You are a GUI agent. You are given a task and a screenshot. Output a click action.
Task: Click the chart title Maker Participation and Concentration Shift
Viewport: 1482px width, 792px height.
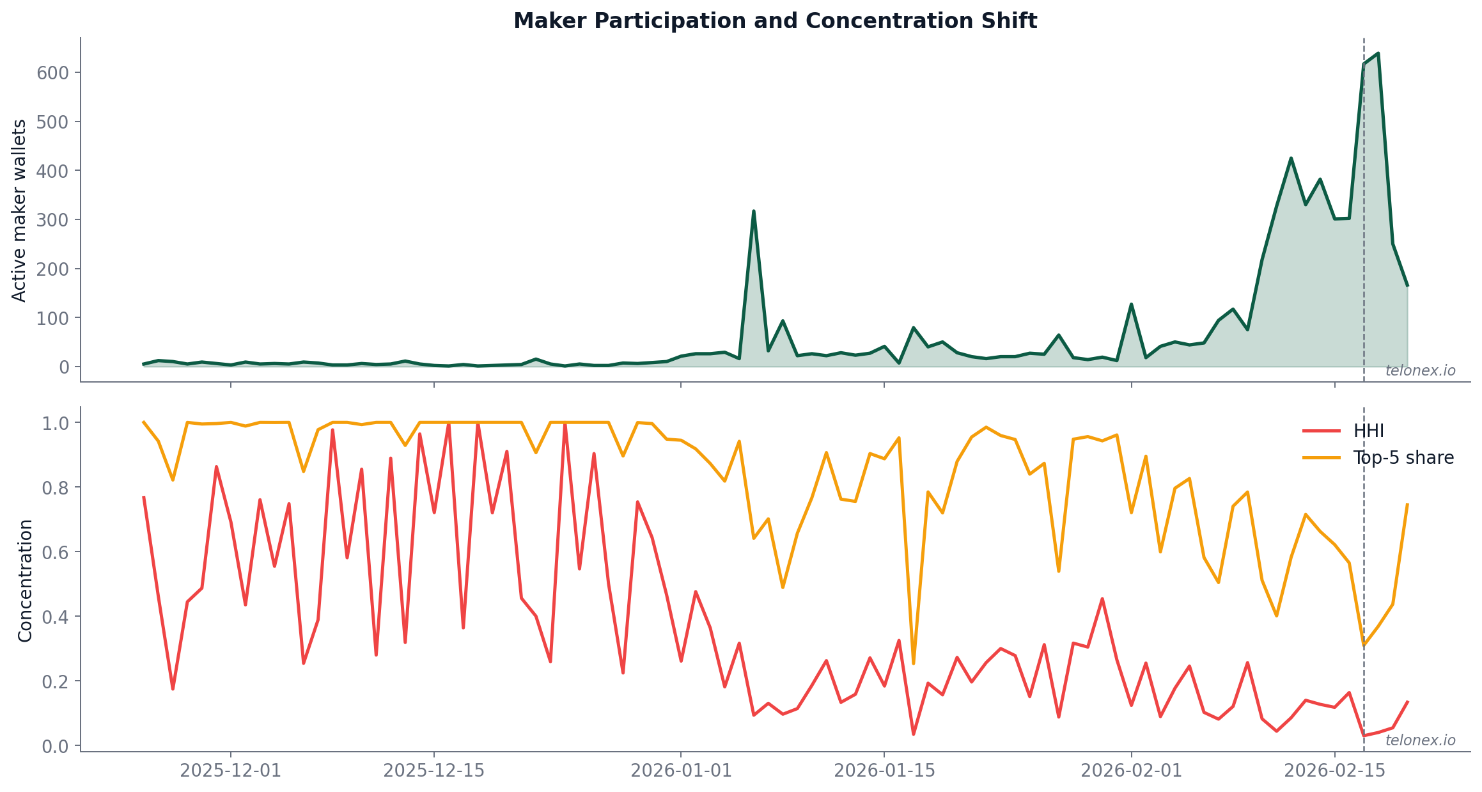775,21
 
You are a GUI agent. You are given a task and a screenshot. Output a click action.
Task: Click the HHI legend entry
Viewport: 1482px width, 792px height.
1368,431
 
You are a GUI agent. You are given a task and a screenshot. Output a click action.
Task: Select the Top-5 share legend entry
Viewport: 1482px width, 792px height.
1403,458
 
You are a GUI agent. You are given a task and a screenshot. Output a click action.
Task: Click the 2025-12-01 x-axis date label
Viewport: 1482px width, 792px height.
230,770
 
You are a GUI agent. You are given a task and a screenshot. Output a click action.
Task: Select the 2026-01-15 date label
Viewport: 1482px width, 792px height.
884,770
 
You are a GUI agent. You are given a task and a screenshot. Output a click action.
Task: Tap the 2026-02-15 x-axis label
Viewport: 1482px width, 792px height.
1334,770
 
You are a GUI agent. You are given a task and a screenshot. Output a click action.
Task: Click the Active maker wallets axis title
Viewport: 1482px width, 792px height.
20,210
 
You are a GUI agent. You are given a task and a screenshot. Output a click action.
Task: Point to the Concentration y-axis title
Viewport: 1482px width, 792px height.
25,580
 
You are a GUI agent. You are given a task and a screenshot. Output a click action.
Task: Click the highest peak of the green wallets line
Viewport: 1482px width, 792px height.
1378,53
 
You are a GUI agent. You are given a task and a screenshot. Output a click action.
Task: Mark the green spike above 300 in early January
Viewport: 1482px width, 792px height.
754,211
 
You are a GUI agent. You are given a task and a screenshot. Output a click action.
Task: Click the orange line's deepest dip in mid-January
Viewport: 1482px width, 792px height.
913,663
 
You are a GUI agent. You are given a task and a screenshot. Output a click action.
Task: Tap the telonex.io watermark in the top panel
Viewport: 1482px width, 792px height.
1420,370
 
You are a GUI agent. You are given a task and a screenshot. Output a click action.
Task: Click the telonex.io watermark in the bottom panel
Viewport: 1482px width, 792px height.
1420,740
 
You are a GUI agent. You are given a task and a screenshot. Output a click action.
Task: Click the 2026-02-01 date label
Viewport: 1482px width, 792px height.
1131,770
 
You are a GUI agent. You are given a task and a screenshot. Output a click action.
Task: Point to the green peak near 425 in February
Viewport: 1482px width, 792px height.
1291,158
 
